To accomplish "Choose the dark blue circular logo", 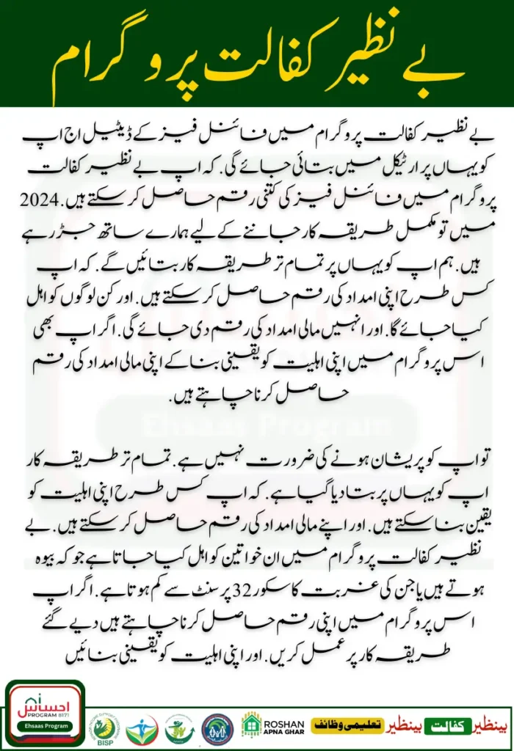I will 217,729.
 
